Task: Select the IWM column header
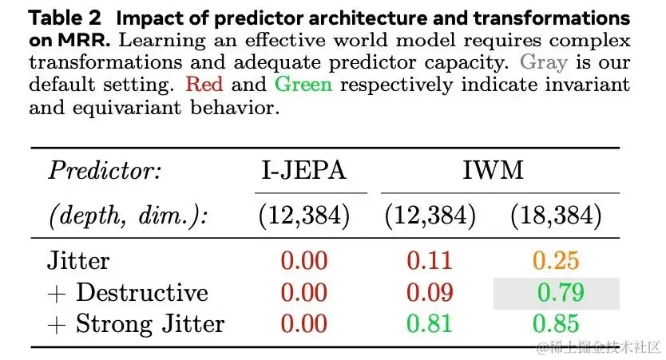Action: tap(501, 171)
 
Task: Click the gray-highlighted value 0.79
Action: tap(560, 292)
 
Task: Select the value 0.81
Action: tap(430, 323)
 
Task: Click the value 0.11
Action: tap(430, 260)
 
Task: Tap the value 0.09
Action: tap(430, 292)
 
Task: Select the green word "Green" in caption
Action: tap(303, 83)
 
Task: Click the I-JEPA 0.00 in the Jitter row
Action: tap(303, 260)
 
